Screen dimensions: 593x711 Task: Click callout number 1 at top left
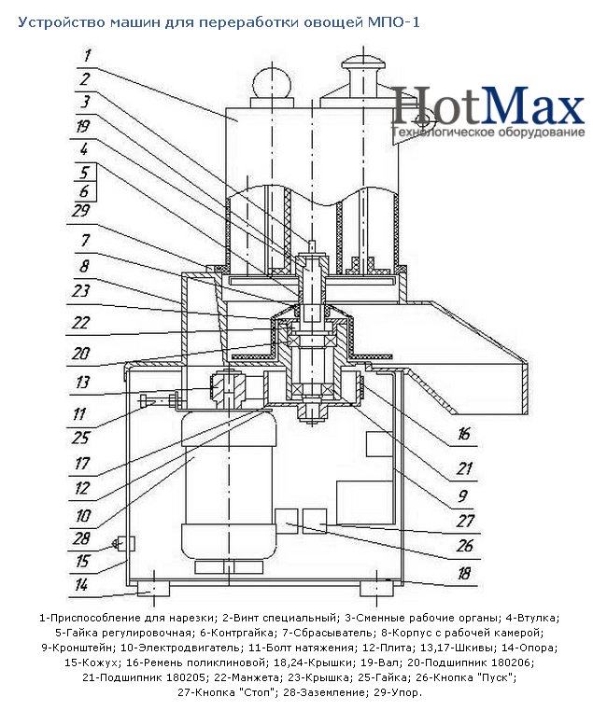point(87,55)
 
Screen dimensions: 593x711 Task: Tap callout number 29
point(80,210)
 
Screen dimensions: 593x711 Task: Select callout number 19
point(82,126)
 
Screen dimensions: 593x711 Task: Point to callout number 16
point(463,434)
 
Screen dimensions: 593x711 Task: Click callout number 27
point(465,521)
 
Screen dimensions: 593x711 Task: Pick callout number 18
point(463,574)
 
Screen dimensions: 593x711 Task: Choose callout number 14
point(80,584)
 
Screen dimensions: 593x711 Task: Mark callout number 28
point(81,538)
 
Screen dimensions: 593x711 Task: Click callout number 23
point(80,290)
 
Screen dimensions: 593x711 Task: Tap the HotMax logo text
point(488,106)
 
